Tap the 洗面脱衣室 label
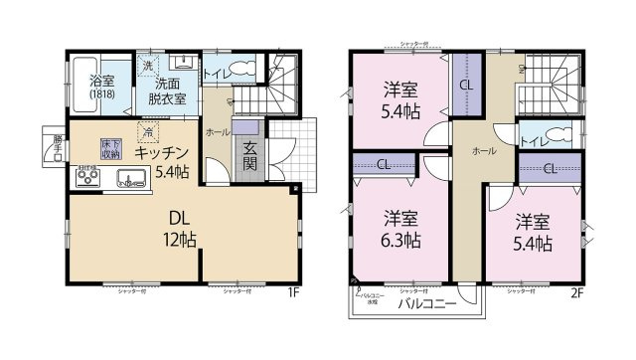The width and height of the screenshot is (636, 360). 168,90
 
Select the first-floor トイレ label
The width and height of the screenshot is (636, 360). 218,73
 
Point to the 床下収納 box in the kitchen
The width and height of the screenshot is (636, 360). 110,150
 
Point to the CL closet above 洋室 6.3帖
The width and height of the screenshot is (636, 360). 383,165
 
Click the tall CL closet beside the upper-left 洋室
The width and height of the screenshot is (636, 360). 465,85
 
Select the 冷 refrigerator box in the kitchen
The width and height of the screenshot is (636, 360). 148,130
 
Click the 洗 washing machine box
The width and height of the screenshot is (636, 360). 147,66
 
